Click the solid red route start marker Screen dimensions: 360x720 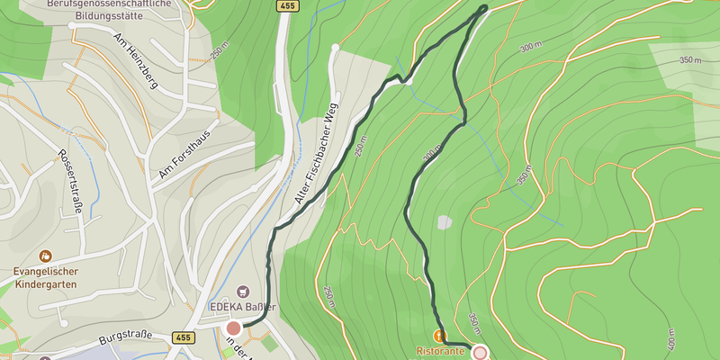point(234,328)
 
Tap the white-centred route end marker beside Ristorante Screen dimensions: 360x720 point(480,353)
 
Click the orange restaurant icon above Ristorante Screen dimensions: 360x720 point(440,336)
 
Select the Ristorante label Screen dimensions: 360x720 point(441,352)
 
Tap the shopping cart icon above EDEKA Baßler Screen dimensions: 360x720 point(242,292)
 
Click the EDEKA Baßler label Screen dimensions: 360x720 point(242,307)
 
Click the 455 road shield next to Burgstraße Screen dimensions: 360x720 point(183,337)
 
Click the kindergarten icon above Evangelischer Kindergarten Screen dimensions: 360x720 point(45,256)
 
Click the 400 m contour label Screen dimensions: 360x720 point(670,338)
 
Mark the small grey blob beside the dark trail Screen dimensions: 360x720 point(445,222)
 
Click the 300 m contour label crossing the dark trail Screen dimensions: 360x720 point(431,157)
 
